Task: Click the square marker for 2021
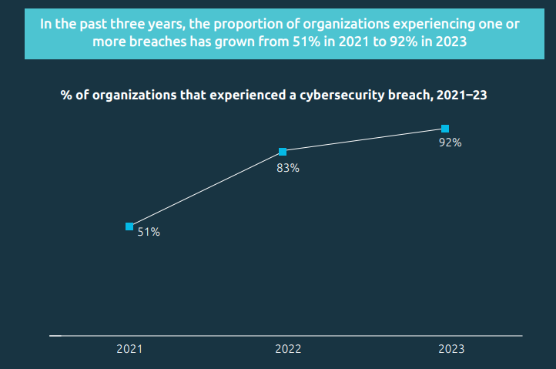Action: [129, 226]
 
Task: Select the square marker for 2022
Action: [283, 152]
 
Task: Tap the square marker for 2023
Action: [445, 129]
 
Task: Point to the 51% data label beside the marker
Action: [149, 232]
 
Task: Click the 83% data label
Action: [288, 168]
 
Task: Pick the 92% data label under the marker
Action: [450, 143]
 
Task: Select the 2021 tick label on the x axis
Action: [129, 349]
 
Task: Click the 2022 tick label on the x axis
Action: [288, 349]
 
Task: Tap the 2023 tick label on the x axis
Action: [451, 349]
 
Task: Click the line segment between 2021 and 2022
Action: [206, 190]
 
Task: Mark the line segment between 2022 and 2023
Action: [363, 140]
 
